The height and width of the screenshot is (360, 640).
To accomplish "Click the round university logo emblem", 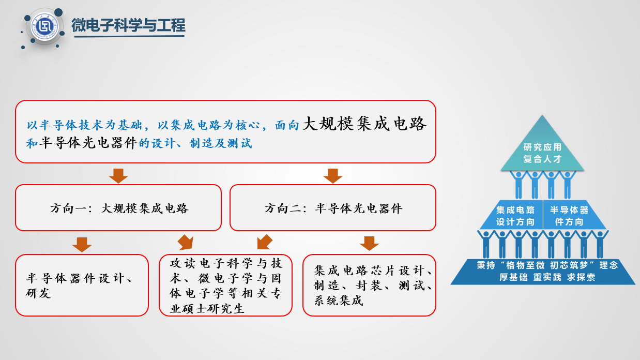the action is pyautogui.click(x=44, y=26).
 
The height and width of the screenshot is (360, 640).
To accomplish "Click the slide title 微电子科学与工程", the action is pyautogui.click(x=128, y=25).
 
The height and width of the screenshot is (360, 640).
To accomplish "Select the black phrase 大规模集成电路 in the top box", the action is pyautogui.click(x=364, y=124).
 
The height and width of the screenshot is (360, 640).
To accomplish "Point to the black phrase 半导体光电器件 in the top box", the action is pyautogui.click(x=88, y=143).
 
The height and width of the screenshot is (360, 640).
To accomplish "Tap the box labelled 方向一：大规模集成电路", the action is pyautogui.click(x=118, y=207).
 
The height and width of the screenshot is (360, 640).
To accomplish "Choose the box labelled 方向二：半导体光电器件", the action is pyautogui.click(x=333, y=207).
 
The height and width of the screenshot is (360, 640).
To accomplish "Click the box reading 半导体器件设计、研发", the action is pyautogui.click(x=82, y=285).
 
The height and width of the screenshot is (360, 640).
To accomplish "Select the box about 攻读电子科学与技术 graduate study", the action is pyautogui.click(x=225, y=285).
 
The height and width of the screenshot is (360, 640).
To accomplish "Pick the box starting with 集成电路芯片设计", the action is pyautogui.click(x=369, y=285).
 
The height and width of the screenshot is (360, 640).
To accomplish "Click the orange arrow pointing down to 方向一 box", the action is pyautogui.click(x=118, y=175).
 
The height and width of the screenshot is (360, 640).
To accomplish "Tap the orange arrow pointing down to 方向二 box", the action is pyautogui.click(x=333, y=175).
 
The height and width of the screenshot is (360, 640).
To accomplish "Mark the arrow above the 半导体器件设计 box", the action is pyautogui.click(x=82, y=245).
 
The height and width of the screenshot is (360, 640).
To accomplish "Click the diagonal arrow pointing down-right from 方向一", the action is pyautogui.click(x=186, y=243).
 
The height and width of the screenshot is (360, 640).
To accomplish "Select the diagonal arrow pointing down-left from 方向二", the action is pyautogui.click(x=264, y=242).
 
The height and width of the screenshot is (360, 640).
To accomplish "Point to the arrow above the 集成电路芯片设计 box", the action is pyautogui.click(x=369, y=243).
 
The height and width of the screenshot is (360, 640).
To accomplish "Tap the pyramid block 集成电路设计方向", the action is pyautogui.click(x=513, y=215).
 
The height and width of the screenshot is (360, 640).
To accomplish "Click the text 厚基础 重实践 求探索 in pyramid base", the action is pyautogui.click(x=547, y=277).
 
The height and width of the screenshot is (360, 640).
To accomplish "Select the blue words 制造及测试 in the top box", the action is pyautogui.click(x=220, y=143).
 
